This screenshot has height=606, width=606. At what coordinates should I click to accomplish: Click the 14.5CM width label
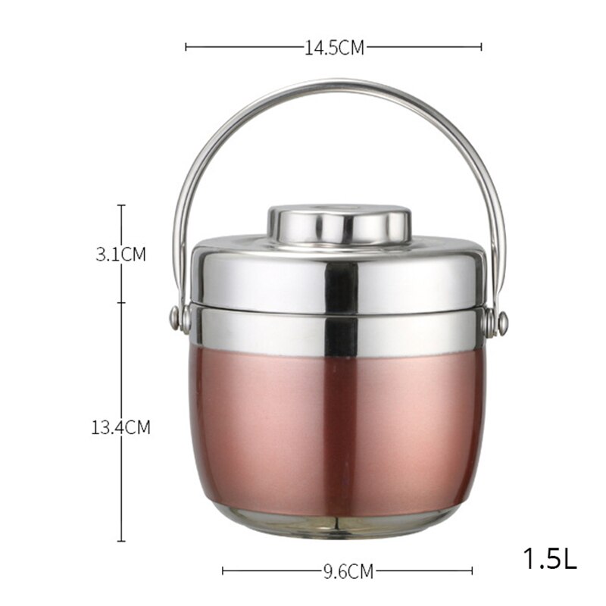click(334, 48)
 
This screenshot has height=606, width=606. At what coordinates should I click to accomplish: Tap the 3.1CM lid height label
click(120, 255)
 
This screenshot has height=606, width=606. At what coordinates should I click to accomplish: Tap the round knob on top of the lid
click(339, 223)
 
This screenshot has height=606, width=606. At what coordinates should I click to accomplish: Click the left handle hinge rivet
click(176, 319)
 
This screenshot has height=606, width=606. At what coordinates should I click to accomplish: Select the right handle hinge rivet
click(502, 323)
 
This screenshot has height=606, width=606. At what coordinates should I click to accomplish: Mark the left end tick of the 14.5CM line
click(186, 47)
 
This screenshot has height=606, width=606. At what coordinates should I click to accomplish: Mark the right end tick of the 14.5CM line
click(481, 47)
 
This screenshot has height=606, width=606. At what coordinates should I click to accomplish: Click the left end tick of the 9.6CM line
click(223, 571)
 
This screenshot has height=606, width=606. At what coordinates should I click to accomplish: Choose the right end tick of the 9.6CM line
click(473, 571)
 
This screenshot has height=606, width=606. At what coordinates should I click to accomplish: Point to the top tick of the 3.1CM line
click(121, 205)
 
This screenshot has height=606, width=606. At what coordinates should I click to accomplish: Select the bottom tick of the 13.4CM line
click(121, 541)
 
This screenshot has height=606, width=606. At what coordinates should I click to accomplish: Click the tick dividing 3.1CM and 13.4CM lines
click(121, 303)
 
